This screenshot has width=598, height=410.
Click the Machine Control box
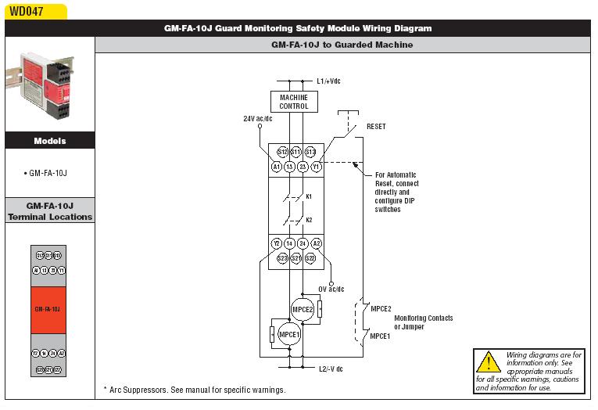[294, 101]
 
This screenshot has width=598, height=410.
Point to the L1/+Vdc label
[328, 81]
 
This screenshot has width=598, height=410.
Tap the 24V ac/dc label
[259, 118]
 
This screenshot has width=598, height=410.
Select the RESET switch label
[375, 126]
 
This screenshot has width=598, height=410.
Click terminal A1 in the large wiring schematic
[277, 167]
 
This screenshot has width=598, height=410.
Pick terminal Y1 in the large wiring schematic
[316, 167]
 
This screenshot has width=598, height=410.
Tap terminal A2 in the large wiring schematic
[316, 244]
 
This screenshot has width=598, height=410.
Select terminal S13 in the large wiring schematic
[310, 152]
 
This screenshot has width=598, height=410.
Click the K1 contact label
[309, 196]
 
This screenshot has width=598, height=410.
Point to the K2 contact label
[309, 219]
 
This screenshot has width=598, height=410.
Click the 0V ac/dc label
[331, 290]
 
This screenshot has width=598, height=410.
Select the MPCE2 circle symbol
[303, 309]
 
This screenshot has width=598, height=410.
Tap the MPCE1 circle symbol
[289, 334]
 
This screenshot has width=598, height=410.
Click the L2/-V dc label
[331, 368]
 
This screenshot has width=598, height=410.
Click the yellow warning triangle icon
[489, 361]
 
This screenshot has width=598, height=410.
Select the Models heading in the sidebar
[50, 141]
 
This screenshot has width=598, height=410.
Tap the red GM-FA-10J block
[48, 309]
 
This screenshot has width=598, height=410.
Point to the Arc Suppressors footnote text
[195, 390]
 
